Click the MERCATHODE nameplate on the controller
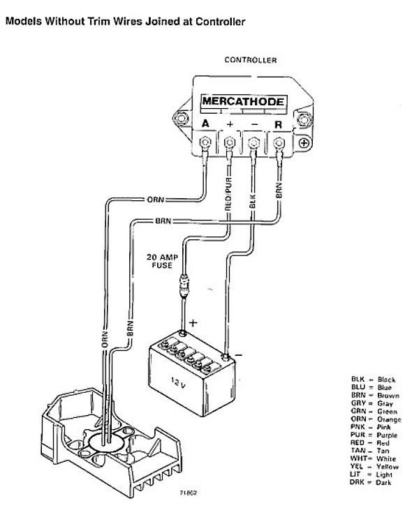pos(243,102)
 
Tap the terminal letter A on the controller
pos(205,123)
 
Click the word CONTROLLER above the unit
pos(250,61)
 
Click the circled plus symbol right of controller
pos(304,143)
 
